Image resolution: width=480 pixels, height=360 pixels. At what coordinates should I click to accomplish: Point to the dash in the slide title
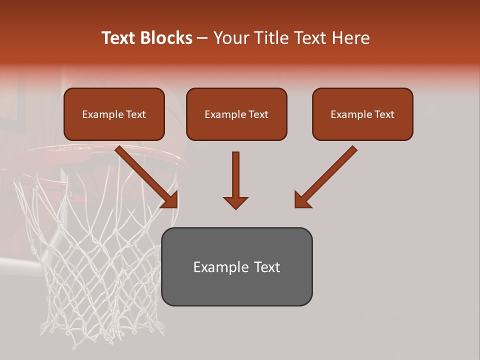pos(202,38)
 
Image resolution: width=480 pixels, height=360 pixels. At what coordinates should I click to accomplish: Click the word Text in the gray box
pos(267,267)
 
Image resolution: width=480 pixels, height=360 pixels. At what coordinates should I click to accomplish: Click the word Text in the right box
pos(384,114)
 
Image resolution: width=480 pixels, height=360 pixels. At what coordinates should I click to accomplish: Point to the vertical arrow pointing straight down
pos(235,175)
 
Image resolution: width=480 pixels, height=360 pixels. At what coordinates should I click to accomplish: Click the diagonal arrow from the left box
pos(145,175)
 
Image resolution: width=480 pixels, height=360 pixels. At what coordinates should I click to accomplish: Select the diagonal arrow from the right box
pos(327,175)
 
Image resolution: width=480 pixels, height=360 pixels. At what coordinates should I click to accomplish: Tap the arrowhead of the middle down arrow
pos(235,202)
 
